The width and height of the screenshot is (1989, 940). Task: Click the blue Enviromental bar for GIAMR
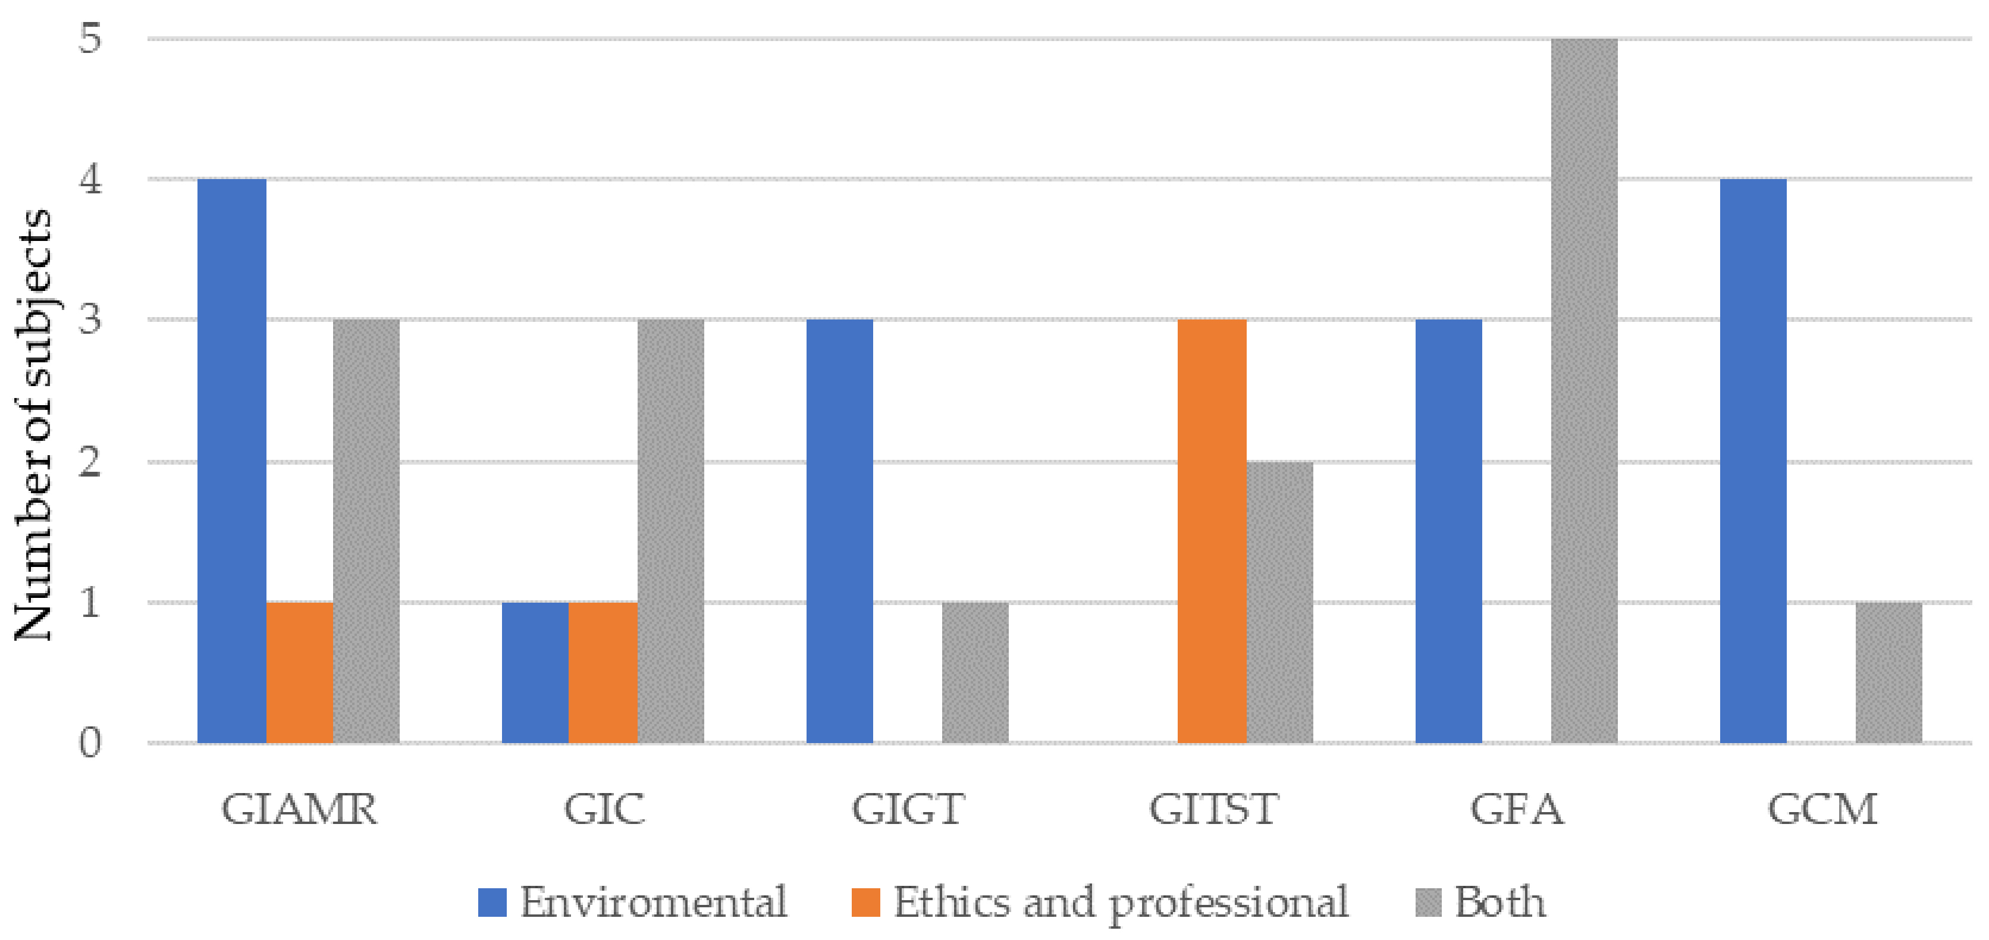[231, 460]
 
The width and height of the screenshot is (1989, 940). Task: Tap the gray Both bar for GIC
[670, 531]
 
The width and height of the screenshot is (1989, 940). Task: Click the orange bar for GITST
[1212, 531]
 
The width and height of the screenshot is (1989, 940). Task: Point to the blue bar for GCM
[1753, 460]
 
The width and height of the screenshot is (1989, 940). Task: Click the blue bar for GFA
[1448, 531]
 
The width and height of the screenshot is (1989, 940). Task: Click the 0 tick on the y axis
[90, 743]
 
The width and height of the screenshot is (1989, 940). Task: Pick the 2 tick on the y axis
[90, 461]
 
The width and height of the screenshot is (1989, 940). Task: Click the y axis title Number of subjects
[33, 425]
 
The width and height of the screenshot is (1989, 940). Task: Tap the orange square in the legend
[865, 902]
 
